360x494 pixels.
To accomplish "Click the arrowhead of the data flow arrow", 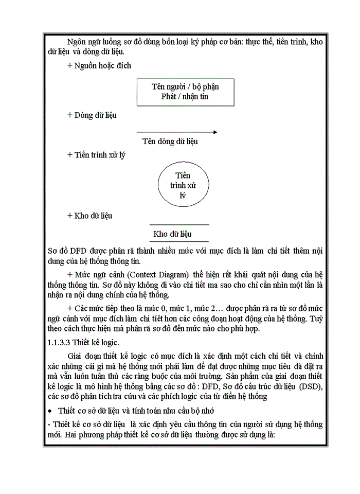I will pyautogui.click(x=214, y=132).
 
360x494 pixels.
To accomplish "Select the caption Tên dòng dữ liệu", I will pyautogui.click(x=170, y=142).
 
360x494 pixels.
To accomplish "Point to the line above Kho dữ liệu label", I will pyautogui.click(x=179, y=225).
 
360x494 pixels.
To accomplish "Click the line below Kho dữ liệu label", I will pyautogui.click(x=179, y=241).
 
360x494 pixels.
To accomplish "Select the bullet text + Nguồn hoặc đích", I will pyautogui.click(x=99, y=65).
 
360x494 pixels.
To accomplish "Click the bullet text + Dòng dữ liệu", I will pyautogui.click(x=92, y=115).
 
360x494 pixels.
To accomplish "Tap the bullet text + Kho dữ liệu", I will pyautogui.click(x=90, y=216).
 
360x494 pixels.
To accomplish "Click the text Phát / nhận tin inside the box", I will pyautogui.click(x=185, y=96).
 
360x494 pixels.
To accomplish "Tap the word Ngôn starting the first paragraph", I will pyautogui.click(x=77, y=42).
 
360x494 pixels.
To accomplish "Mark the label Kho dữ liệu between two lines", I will pyautogui.click(x=172, y=234).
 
